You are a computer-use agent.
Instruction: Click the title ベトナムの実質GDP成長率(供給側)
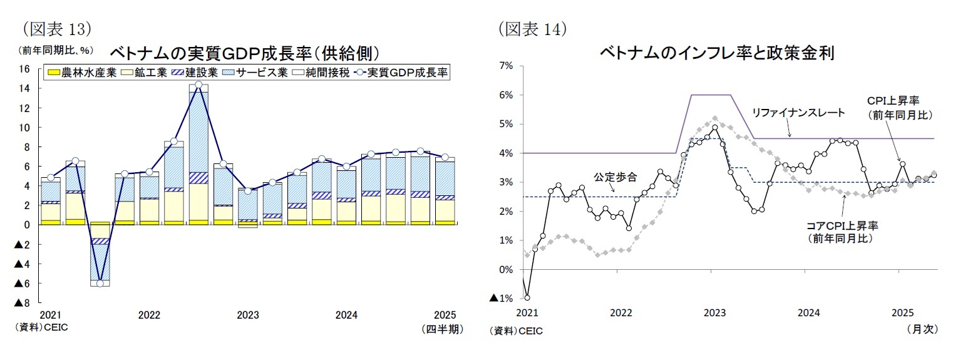(x=245, y=52)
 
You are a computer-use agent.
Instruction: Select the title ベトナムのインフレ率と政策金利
(x=716, y=52)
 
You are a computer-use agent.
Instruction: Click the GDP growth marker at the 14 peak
(x=198, y=85)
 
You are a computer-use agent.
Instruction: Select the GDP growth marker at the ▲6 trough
(x=100, y=284)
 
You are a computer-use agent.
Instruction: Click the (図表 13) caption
(x=57, y=28)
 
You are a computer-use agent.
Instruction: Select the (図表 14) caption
(x=532, y=28)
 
